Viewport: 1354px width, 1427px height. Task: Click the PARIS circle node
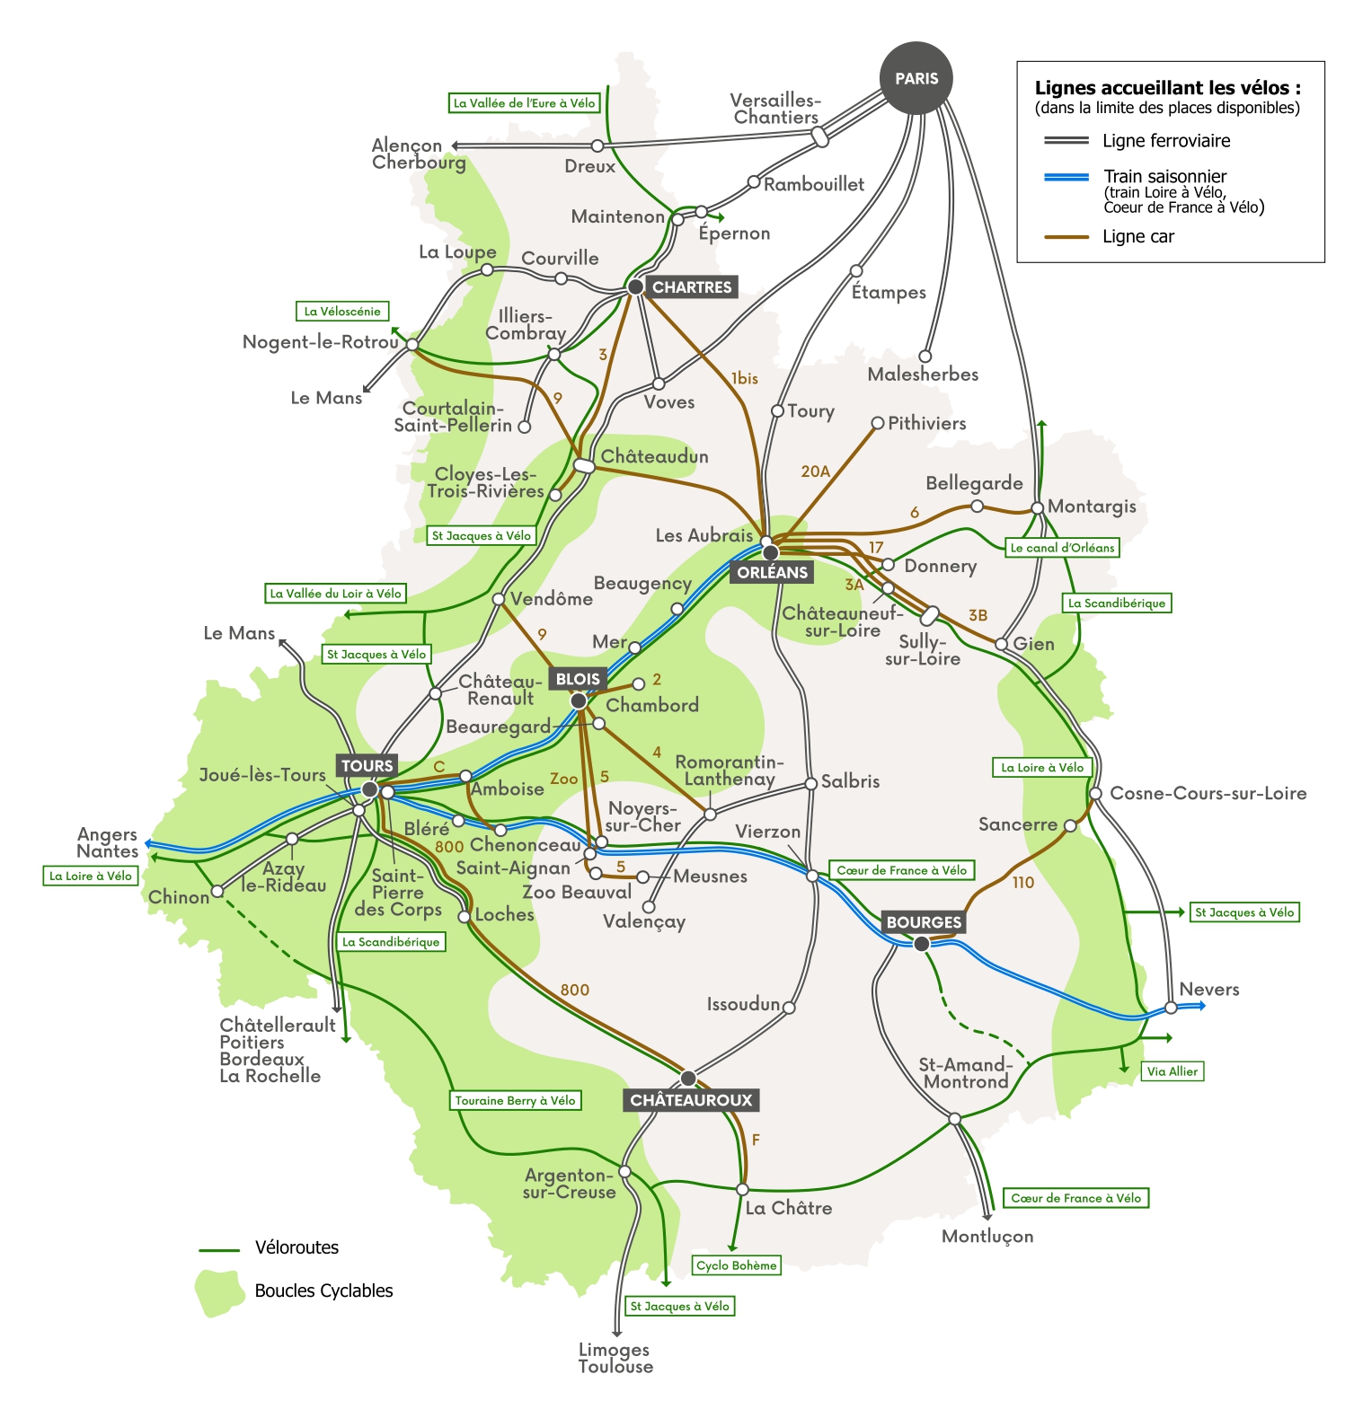pyautogui.click(x=916, y=78)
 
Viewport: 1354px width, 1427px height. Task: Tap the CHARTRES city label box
pyautogui.click(x=692, y=287)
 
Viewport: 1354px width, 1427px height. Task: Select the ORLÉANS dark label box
pyautogui.click(x=773, y=572)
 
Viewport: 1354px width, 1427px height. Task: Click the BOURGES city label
pyautogui.click(x=924, y=922)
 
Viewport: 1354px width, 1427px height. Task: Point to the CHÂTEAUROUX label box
pyautogui.click(x=691, y=1100)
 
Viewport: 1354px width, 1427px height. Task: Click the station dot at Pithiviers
pyautogui.click(x=878, y=423)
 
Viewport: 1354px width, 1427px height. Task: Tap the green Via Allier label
pyautogui.click(x=1173, y=1071)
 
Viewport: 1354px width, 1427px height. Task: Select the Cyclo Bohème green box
pyautogui.click(x=737, y=1265)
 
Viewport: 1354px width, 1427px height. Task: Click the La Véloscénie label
pyautogui.click(x=342, y=312)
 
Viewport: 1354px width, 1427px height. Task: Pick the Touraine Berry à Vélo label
pyautogui.click(x=515, y=1100)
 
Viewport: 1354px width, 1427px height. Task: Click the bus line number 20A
pyautogui.click(x=815, y=471)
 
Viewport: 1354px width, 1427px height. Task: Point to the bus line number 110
pyautogui.click(x=1023, y=883)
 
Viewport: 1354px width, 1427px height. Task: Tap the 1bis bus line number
pyautogui.click(x=744, y=379)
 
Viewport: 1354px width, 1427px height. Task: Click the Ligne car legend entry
pyautogui.click(x=1137, y=237)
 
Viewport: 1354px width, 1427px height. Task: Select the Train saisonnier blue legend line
pyautogui.click(x=1066, y=177)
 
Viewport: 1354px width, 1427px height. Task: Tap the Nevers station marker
pyautogui.click(x=1171, y=1008)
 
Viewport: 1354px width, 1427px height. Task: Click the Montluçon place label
pyautogui.click(x=987, y=1237)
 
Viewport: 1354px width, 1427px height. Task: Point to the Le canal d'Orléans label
pyautogui.click(x=1062, y=548)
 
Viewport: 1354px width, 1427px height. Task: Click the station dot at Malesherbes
pyautogui.click(x=925, y=357)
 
